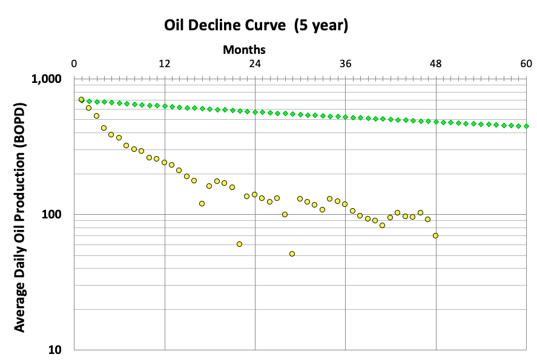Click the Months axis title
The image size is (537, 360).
coord(244,50)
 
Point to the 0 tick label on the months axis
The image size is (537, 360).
coord(74,64)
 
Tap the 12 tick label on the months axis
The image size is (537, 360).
coord(164,64)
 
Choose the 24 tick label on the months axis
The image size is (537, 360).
coord(255,64)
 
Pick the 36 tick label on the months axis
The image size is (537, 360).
coord(345,64)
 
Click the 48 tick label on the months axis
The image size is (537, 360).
coord(435,64)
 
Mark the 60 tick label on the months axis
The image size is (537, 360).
coord(525,64)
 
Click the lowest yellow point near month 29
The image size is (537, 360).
coord(292,254)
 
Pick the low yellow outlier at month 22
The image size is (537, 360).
coord(240,244)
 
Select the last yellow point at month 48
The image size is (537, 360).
coord(436,235)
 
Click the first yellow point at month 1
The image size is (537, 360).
coord(82,100)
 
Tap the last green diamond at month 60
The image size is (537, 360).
coord(526,126)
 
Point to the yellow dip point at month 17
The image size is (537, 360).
coord(202,204)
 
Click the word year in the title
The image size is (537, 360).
coord(326,26)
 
